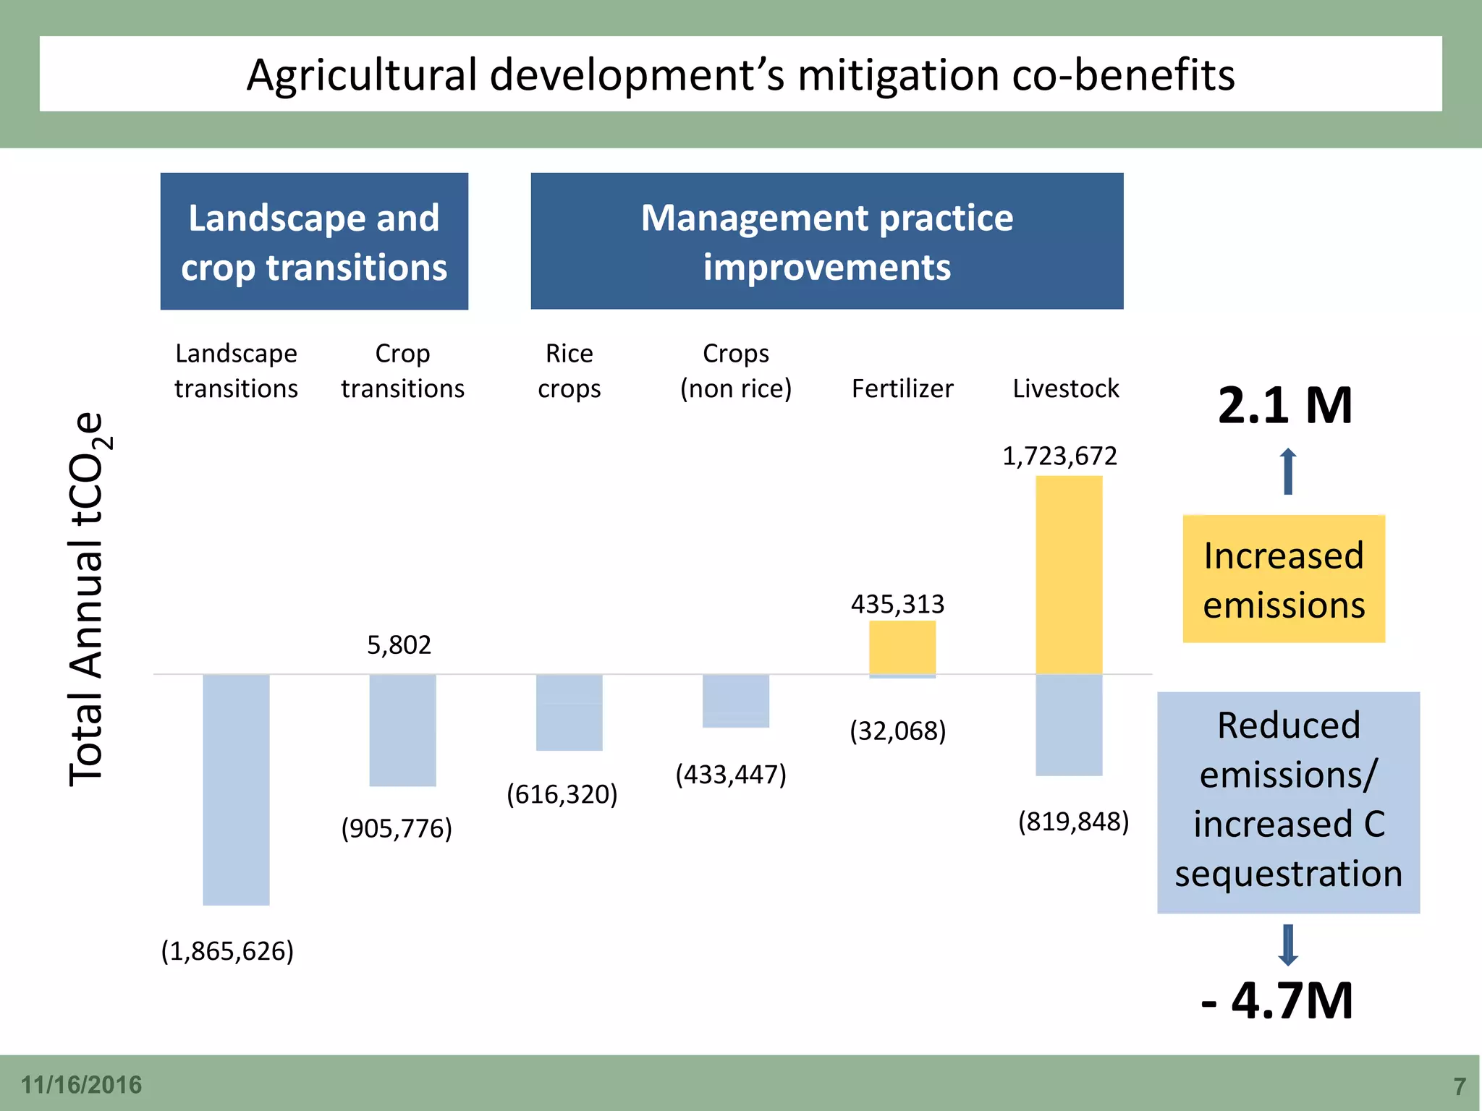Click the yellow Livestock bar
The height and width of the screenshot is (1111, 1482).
(x=1069, y=575)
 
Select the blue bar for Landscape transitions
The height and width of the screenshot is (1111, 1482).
(x=236, y=789)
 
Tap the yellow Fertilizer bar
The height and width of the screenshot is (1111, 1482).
(x=902, y=647)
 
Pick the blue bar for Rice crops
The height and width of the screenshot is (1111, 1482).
(x=569, y=712)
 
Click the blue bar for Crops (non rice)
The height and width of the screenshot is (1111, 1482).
(x=735, y=701)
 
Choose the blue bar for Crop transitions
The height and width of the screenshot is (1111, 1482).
(x=402, y=730)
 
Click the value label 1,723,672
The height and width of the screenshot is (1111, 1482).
(x=1059, y=456)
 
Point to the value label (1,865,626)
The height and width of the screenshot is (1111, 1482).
(x=227, y=950)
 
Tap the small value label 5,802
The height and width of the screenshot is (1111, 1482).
(x=399, y=644)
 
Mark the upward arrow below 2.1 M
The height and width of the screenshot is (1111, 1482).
(x=1288, y=472)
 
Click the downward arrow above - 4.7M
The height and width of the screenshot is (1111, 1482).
(x=1288, y=945)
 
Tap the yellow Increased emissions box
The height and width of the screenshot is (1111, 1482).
(x=1284, y=579)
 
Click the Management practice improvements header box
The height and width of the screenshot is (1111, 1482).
(x=826, y=241)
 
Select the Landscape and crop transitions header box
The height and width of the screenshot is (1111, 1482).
(x=314, y=241)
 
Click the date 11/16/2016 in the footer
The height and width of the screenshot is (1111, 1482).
(x=81, y=1085)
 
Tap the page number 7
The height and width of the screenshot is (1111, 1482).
(x=1460, y=1086)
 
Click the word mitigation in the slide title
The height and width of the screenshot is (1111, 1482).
(x=898, y=75)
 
